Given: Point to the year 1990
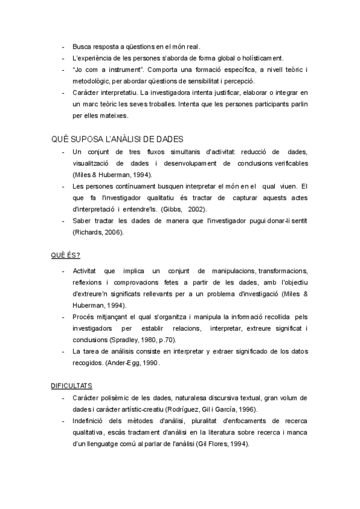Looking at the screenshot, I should click(x=152, y=363).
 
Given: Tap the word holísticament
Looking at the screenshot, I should click(x=253, y=58).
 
